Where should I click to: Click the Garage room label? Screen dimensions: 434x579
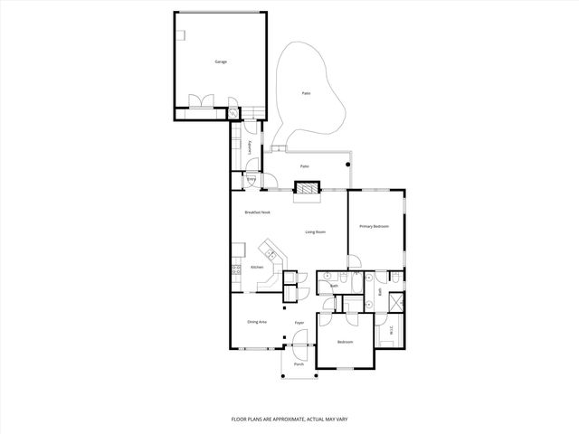220,61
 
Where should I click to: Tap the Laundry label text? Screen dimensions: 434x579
250,146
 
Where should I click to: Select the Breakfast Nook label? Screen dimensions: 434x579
258,212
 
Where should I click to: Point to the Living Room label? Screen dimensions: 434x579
315,231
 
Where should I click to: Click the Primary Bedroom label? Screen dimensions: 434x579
374,226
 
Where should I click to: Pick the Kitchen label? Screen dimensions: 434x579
256,268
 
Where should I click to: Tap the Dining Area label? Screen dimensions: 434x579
256,322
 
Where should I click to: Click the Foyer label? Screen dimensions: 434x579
299,322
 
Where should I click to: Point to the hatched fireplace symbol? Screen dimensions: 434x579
307,189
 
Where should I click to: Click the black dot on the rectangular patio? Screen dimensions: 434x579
346,165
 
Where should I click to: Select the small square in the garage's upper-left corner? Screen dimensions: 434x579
181,36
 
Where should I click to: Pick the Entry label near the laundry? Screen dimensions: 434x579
252,179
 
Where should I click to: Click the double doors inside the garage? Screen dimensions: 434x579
198,100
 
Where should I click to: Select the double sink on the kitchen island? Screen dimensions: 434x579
269,250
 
